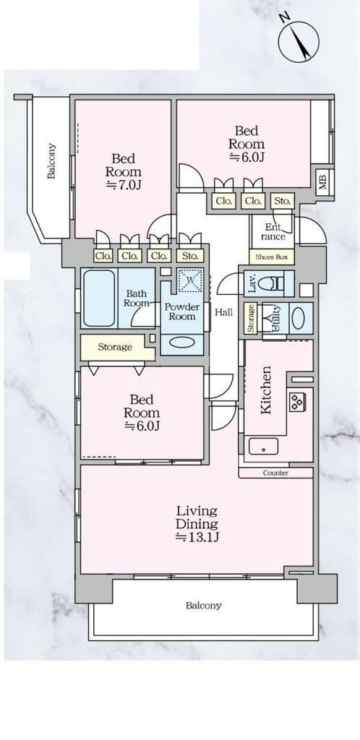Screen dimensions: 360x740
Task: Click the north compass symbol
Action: [298, 40]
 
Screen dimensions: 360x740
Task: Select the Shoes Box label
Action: [271, 257]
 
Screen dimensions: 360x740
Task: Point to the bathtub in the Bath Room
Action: [99, 298]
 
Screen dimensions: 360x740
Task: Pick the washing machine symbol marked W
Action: [190, 280]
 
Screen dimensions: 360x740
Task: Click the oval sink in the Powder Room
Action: [181, 342]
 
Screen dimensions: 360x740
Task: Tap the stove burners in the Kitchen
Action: [298, 402]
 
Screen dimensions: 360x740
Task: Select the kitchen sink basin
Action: [263, 446]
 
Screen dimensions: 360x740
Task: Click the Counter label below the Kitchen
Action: [275, 473]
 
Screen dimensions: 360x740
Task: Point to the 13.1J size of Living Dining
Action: [197, 537]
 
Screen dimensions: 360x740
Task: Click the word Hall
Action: [223, 312]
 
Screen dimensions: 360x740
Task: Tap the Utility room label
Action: [275, 316]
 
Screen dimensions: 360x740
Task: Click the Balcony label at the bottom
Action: [203, 606]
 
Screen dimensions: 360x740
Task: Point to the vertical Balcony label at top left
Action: [51, 161]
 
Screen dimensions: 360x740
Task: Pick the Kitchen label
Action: [266, 390]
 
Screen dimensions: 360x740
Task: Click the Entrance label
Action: [273, 232]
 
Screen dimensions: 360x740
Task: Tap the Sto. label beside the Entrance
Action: [283, 202]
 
